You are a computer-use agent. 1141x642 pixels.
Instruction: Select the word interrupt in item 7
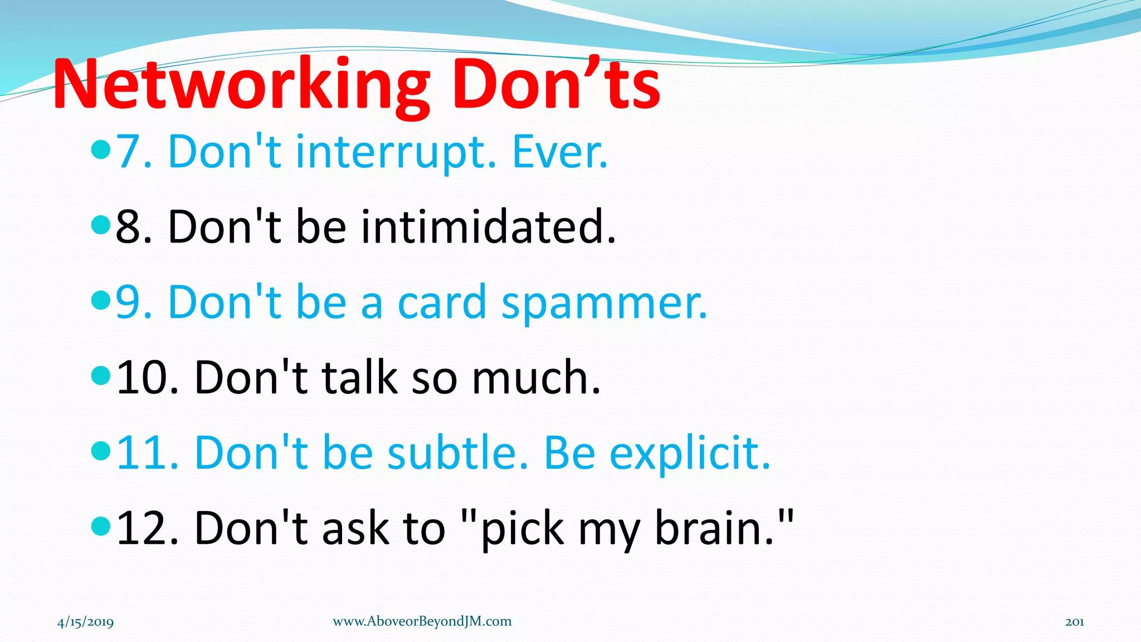[x=395, y=152]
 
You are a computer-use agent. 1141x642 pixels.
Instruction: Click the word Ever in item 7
[x=558, y=152]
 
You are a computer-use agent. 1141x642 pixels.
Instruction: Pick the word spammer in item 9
[x=604, y=303]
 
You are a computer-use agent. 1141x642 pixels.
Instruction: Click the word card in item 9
[x=442, y=303]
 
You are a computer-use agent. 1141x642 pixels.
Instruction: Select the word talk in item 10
[x=359, y=378]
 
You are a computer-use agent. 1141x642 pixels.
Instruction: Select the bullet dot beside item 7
[x=100, y=149]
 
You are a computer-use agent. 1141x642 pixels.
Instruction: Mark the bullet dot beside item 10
[x=100, y=375]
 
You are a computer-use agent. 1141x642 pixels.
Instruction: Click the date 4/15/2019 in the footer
[x=85, y=622]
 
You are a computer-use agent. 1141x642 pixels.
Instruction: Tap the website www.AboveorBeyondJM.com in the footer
[x=422, y=621]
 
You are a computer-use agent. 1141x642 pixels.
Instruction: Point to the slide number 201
[x=1074, y=622]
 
